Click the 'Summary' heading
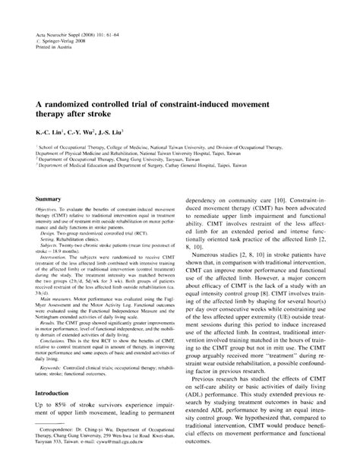[x=48, y=198]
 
